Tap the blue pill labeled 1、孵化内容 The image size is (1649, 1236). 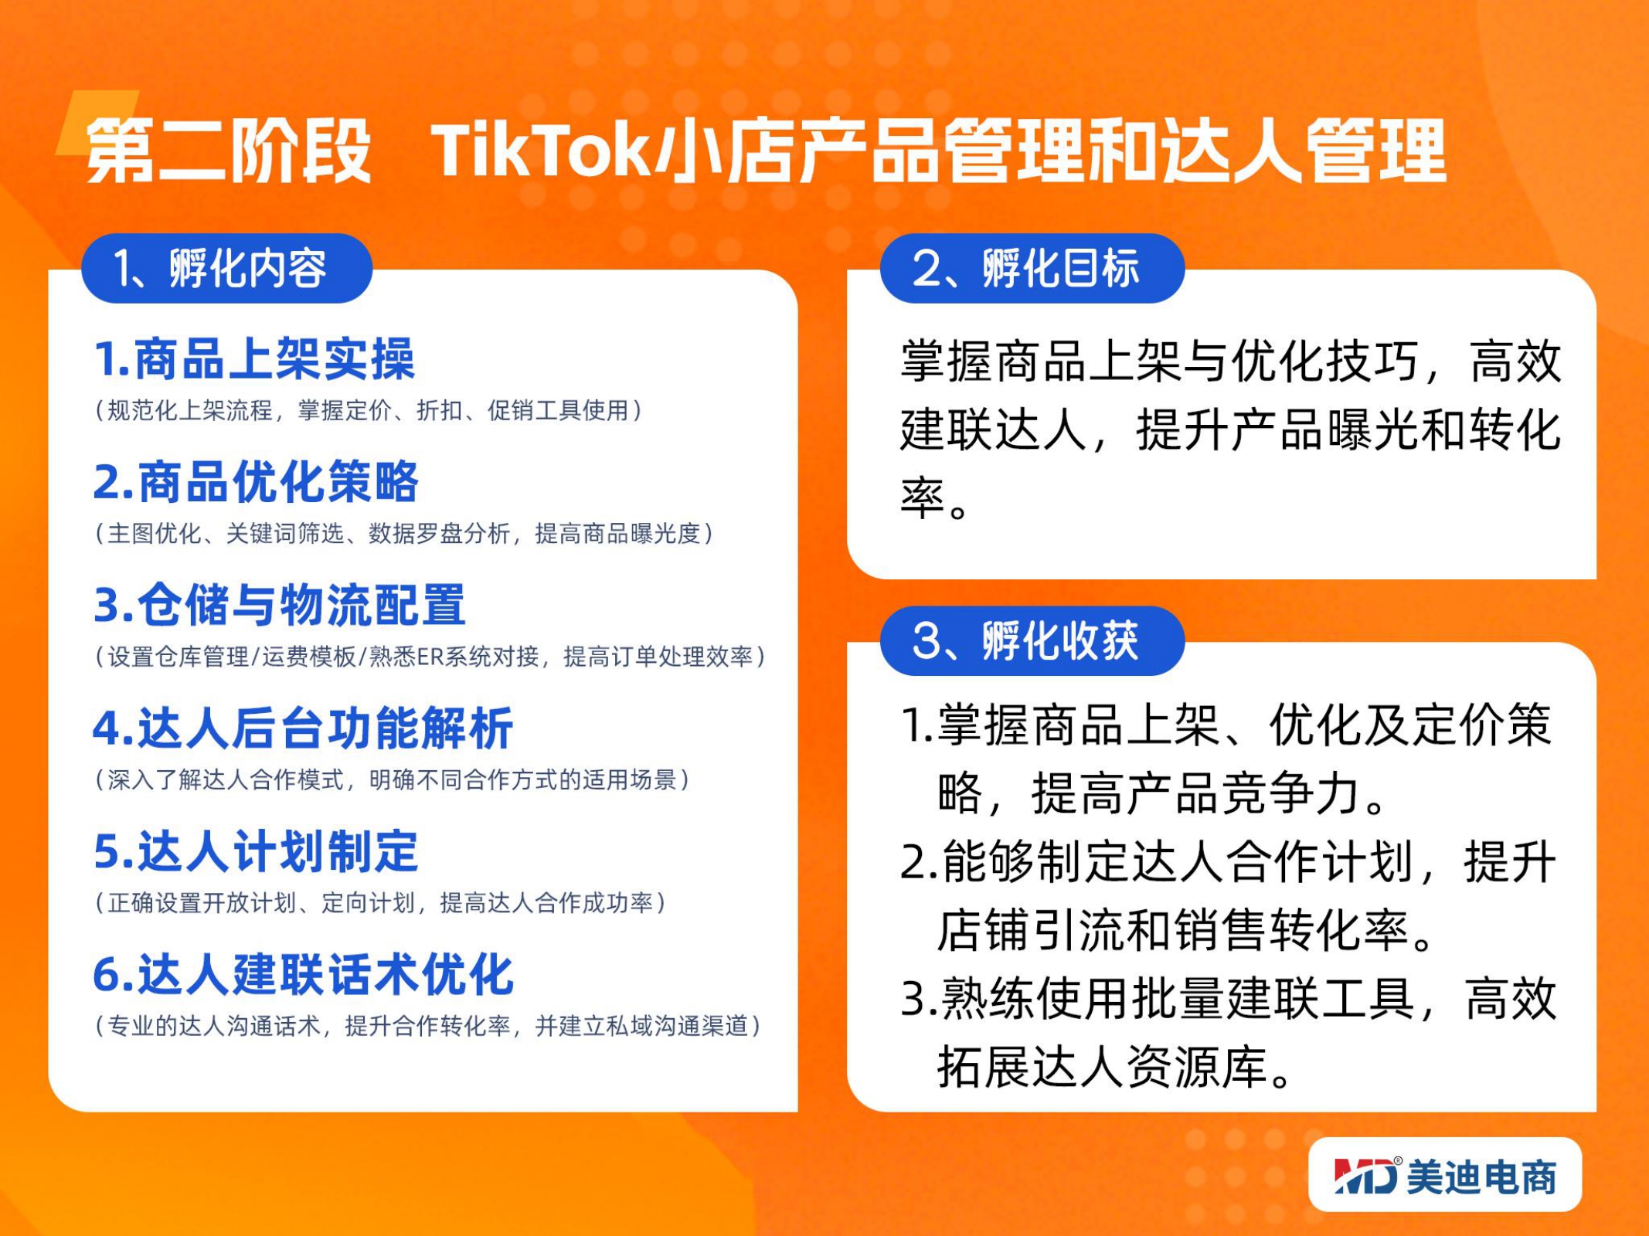(226, 268)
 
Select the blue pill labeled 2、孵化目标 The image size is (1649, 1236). (1032, 268)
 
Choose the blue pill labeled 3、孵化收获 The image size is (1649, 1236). (1032, 640)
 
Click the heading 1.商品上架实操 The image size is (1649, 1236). (254, 359)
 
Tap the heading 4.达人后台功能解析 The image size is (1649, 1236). (303, 728)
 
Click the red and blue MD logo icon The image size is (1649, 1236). (1365, 1176)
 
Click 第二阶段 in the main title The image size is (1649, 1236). (229, 150)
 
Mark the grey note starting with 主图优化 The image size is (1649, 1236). (403, 533)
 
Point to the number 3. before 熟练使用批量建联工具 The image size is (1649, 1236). (919, 999)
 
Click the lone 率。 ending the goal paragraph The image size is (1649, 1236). (934, 498)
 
